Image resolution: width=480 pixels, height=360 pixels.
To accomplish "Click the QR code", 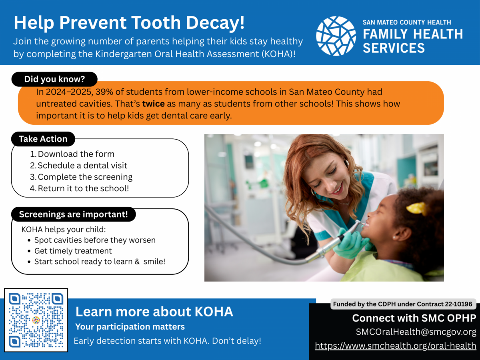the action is (36, 320).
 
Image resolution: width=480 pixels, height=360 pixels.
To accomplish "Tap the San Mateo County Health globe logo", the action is (336, 36).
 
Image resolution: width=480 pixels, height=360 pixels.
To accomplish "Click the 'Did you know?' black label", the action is (54, 79).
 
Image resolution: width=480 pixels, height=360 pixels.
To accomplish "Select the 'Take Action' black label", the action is (43, 139).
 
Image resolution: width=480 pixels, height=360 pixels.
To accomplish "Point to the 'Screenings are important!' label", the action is (74, 214).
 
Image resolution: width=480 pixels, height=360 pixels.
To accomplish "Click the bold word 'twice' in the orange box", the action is (154, 104).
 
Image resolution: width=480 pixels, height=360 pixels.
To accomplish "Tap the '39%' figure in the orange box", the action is (104, 92).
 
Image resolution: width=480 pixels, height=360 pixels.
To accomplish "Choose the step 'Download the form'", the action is (72, 154).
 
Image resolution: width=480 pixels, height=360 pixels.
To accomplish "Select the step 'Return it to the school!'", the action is (79, 188).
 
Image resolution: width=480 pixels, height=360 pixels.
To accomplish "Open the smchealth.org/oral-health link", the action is (396, 346).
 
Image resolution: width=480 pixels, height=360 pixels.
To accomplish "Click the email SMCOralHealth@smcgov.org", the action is (416, 332).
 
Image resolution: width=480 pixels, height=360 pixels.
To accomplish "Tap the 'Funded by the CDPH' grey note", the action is (403, 304).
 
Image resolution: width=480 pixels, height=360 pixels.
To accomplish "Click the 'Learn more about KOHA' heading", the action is (154, 312).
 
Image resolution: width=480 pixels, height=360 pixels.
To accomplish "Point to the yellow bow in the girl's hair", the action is (416, 208).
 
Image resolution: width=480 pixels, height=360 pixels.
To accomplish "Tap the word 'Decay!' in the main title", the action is (215, 23).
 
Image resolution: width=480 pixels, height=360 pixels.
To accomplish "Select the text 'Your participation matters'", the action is (130, 327).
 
